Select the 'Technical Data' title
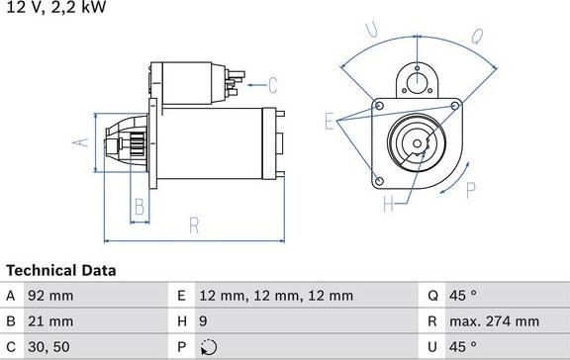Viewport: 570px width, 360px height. (x=61, y=270)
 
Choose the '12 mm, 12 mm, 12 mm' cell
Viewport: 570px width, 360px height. (x=276, y=296)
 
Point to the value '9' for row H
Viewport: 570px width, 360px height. (x=204, y=321)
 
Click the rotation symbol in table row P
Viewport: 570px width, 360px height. (x=206, y=347)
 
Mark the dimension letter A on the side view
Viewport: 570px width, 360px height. (x=83, y=143)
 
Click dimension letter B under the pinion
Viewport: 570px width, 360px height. (x=140, y=208)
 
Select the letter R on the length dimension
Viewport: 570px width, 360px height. (x=194, y=225)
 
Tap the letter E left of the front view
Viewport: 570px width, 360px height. (x=330, y=122)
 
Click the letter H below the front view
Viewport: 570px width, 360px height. (x=388, y=205)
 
